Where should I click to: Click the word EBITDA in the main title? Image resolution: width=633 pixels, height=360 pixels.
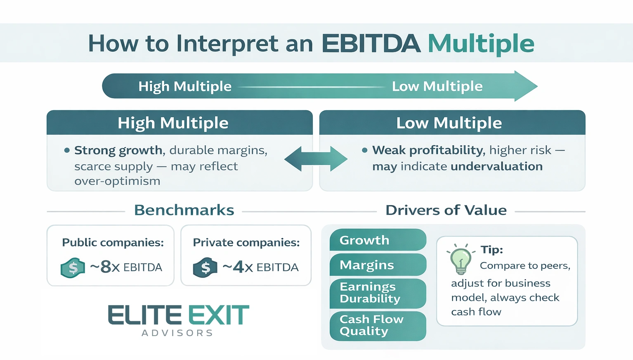[x=371, y=43]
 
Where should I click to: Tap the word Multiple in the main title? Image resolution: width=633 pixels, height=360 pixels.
[x=481, y=43]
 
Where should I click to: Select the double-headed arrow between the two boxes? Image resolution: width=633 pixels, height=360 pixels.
[x=316, y=159]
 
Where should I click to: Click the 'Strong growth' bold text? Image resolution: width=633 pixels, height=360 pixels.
[x=118, y=150]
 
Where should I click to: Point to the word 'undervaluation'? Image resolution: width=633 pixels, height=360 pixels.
[x=496, y=166]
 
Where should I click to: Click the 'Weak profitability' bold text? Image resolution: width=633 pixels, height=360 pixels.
[x=428, y=150]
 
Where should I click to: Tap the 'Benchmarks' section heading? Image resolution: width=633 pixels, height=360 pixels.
[x=184, y=210]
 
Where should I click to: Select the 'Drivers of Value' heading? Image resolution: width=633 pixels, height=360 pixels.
[x=446, y=210]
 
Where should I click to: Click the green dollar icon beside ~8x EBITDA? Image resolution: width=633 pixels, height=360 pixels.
[x=73, y=268]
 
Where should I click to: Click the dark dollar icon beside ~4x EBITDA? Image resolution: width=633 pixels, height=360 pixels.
[x=205, y=268]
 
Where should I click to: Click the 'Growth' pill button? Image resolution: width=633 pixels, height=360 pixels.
[x=377, y=240]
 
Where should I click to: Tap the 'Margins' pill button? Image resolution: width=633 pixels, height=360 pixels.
[x=377, y=265]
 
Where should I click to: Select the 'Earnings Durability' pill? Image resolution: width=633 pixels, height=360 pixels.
[x=377, y=293]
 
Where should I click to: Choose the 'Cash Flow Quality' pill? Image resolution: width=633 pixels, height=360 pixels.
[x=377, y=325]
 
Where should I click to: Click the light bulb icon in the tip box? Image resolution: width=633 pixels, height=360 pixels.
[x=461, y=260]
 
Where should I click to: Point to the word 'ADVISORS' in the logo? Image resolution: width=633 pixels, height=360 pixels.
[x=177, y=333]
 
